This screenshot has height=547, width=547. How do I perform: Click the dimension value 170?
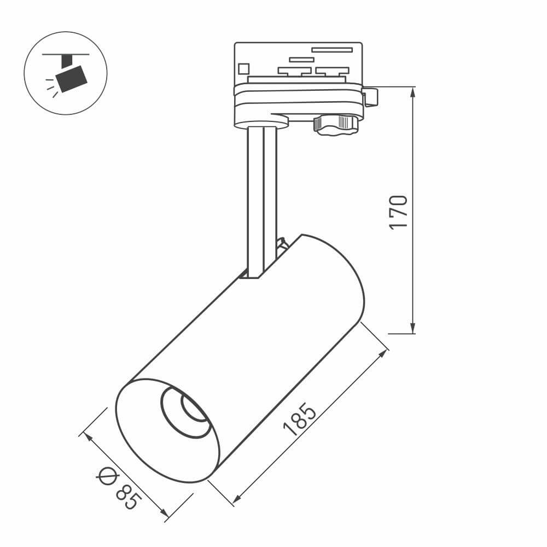(399, 212)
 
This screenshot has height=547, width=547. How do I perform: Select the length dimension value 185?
(300, 420)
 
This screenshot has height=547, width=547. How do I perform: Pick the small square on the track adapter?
(243, 68)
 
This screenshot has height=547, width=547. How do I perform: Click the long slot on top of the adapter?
(332, 50)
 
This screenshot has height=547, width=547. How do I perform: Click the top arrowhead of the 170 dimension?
(413, 92)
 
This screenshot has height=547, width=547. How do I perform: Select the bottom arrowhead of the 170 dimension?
(413, 328)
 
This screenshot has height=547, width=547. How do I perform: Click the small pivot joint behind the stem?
(282, 244)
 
